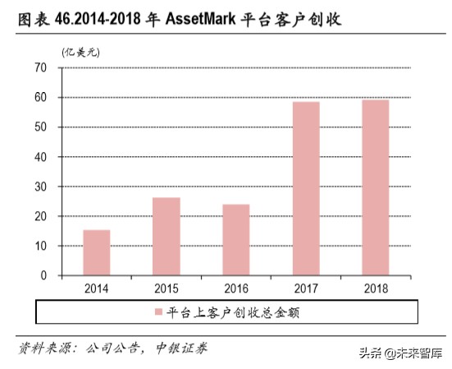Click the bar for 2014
(97, 252)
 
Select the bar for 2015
(167, 237)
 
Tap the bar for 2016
(236, 240)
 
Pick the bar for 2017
(306, 188)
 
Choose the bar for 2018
(376, 187)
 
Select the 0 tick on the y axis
(43, 276)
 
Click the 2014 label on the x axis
(97, 288)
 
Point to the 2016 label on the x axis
(236, 288)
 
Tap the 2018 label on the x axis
(376, 288)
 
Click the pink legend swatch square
(158, 313)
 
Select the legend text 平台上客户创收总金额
(226, 313)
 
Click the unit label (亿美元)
(80, 51)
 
